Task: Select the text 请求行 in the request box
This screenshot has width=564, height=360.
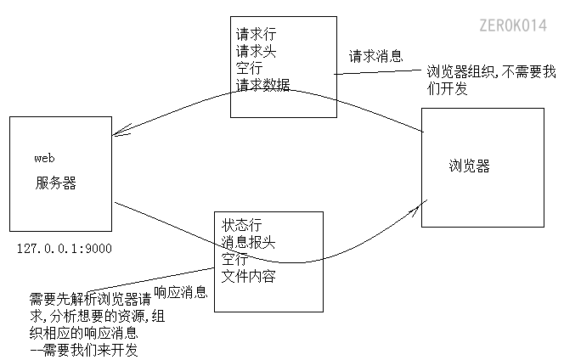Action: coord(256,36)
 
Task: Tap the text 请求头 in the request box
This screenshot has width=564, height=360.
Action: coord(256,52)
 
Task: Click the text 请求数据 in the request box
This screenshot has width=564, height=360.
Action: coord(262,84)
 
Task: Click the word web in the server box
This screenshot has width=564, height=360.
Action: coord(44,158)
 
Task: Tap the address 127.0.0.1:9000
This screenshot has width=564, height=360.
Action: coord(64,250)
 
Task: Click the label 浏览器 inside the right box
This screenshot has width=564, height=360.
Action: coord(469,166)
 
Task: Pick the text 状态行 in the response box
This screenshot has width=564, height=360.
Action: coord(241,226)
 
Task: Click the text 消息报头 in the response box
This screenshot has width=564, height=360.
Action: coord(248,243)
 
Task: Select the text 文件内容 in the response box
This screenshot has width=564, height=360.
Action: coord(248,276)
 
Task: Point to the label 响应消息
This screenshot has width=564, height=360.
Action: coord(181,292)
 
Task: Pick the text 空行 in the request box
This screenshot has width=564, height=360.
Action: coord(249,68)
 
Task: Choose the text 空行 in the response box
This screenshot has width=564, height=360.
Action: coord(234,259)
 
